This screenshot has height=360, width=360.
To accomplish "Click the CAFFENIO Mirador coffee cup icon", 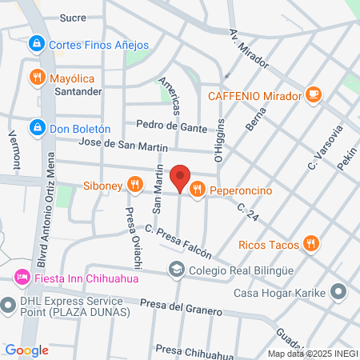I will [x=314, y=96].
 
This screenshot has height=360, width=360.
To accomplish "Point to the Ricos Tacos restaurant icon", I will [x=312, y=242].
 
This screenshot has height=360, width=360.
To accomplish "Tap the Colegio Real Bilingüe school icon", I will [x=175, y=270].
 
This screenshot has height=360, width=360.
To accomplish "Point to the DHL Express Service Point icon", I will [x=10, y=304].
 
